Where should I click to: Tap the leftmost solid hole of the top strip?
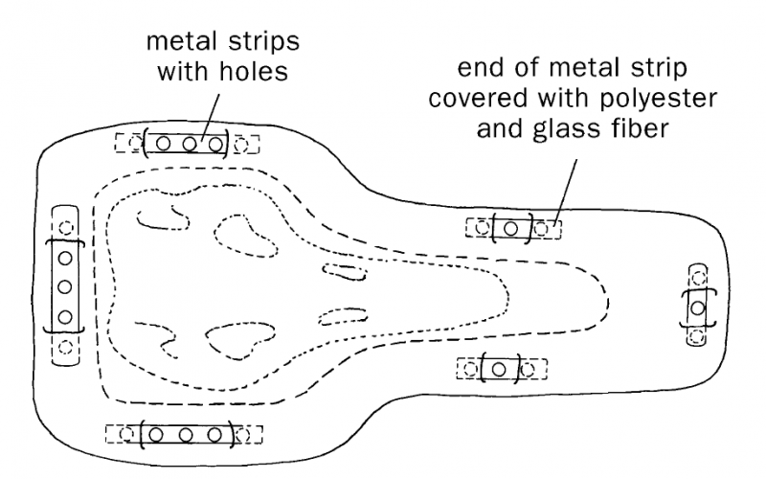[163, 144]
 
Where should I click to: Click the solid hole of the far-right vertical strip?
[698, 308]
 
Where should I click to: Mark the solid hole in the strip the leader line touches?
[511, 228]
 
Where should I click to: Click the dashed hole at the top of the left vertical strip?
[64, 228]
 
